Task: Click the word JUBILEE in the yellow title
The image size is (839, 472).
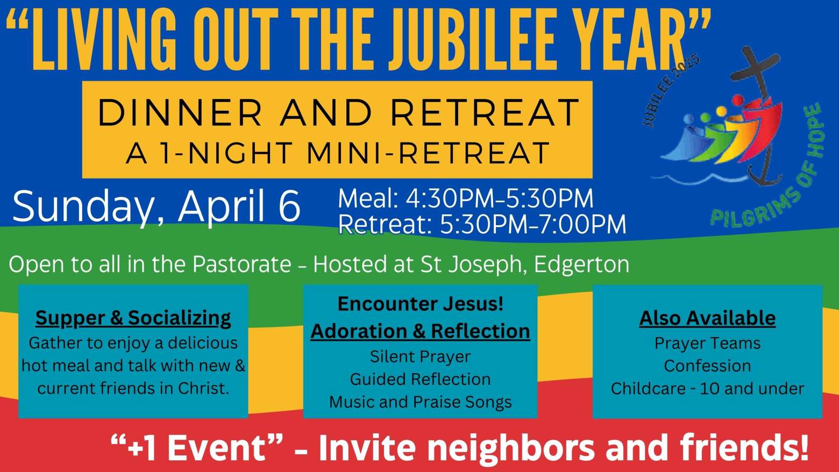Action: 471,39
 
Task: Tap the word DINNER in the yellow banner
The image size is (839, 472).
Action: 180,112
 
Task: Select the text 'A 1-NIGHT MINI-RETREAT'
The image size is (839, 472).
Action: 337,153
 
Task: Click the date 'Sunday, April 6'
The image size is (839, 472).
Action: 157,206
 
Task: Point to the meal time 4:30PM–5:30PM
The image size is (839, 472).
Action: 500,198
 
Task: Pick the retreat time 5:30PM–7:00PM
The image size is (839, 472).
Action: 533,224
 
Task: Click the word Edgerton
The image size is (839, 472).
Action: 582,264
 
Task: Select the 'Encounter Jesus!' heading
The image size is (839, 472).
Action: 420,304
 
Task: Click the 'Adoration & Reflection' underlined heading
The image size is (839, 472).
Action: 420,331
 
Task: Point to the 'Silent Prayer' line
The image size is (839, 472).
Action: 420,357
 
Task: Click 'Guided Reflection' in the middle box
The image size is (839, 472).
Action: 420,379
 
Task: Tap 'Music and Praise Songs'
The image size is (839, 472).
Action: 420,402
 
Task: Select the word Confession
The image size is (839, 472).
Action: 707,366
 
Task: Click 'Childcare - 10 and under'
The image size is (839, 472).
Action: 707,389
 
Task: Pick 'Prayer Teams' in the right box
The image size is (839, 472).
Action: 707,343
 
